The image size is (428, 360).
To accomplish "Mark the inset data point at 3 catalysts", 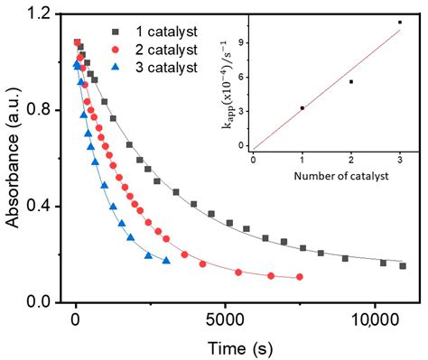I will point(399,22).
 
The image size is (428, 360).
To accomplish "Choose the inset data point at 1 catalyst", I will point(302,107).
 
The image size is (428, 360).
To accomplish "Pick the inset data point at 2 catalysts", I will point(350,81).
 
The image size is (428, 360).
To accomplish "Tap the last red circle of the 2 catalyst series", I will point(299,277).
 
